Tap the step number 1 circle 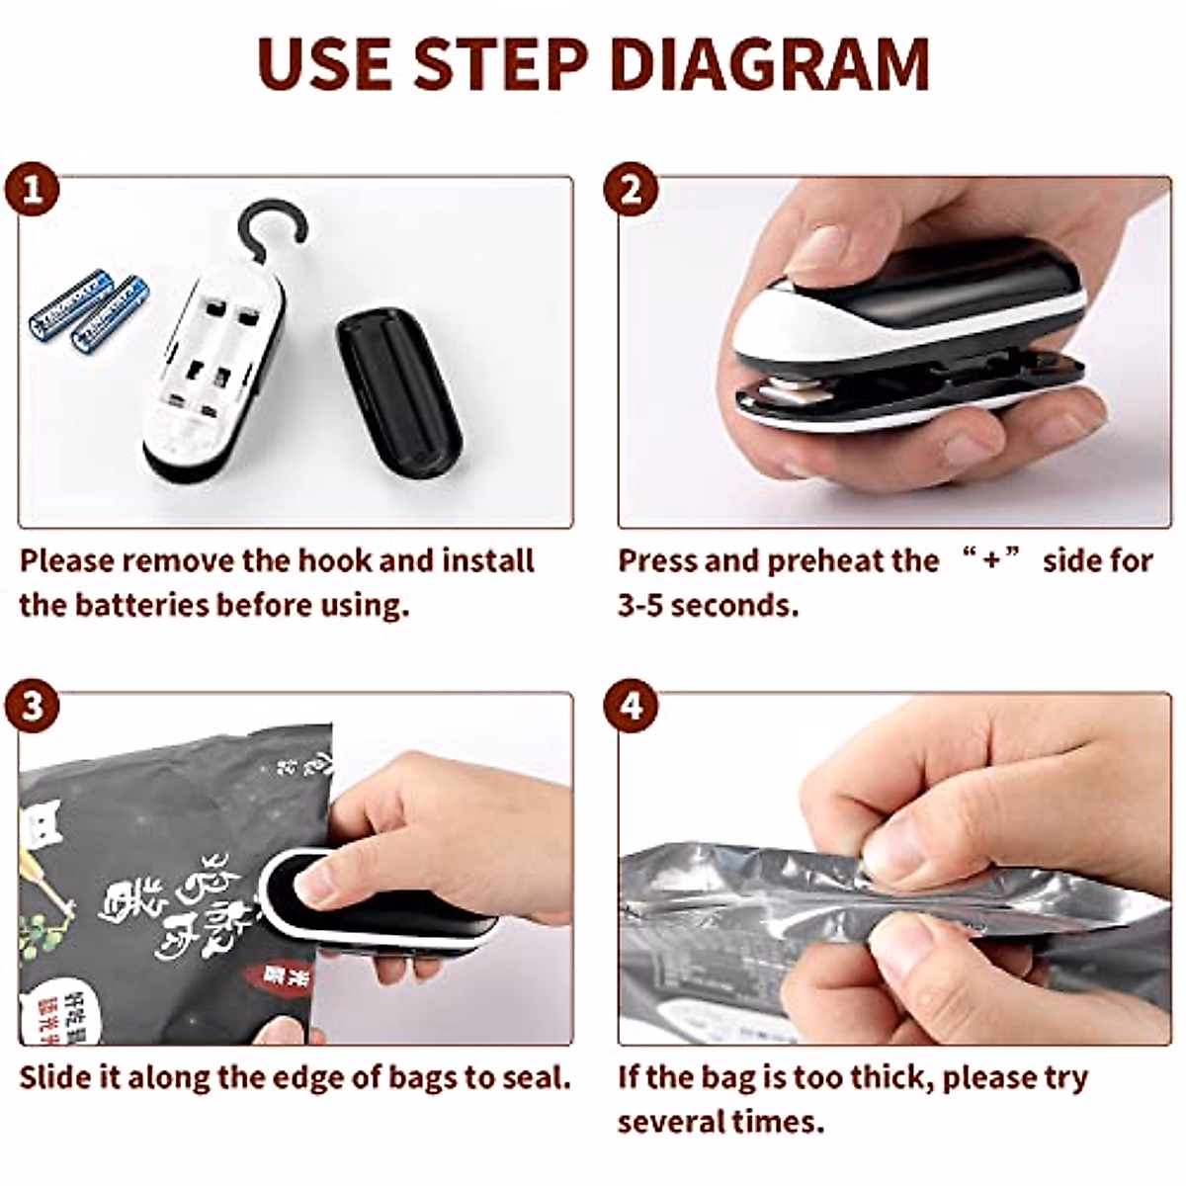coord(34,190)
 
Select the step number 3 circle coord(34,708)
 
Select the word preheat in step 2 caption coord(824,561)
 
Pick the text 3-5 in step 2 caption coord(640,605)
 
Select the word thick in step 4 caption coord(890,1076)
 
